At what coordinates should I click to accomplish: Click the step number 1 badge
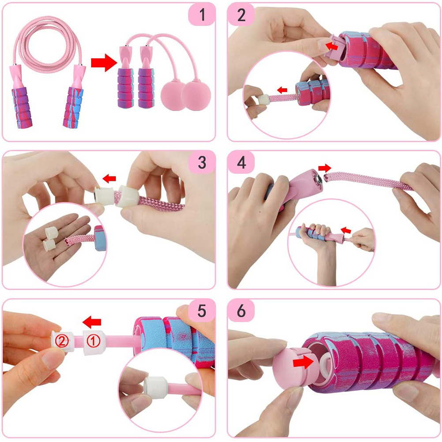click(202, 15)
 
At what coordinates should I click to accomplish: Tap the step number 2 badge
click(241, 15)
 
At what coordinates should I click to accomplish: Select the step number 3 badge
click(202, 162)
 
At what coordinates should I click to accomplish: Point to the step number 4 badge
click(241, 162)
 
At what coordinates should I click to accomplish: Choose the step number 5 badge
click(202, 311)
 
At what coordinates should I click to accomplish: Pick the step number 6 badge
click(241, 311)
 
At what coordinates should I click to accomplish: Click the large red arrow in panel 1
click(104, 63)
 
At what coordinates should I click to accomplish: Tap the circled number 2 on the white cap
click(62, 341)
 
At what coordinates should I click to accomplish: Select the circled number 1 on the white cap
click(94, 341)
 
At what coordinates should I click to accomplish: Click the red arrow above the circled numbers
click(92, 322)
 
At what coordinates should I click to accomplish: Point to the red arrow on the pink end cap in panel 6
click(303, 362)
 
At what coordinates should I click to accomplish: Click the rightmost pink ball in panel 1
click(195, 96)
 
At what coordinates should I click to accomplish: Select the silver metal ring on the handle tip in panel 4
click(318, 179)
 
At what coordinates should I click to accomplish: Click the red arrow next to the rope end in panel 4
click(325, 168)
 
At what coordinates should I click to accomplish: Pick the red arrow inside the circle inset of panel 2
click(282, 90)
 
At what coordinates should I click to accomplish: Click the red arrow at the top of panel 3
click(109, 178)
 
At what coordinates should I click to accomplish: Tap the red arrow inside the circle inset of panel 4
click(346, 230)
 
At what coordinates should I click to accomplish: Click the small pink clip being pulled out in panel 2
click(332, 46)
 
